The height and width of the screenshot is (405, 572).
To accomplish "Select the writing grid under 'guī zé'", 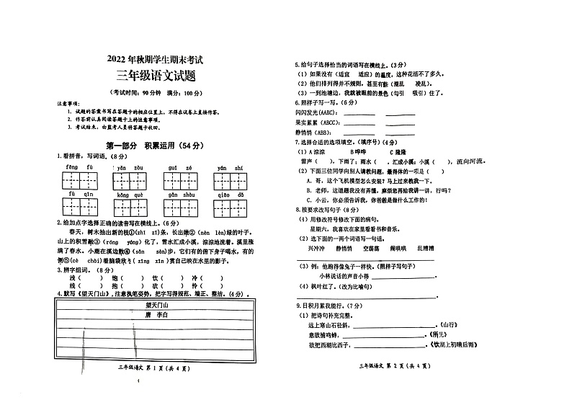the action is [180, 179].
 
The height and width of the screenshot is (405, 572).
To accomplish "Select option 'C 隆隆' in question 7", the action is [399, 153].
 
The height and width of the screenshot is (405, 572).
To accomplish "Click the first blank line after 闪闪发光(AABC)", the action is [360, 114].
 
